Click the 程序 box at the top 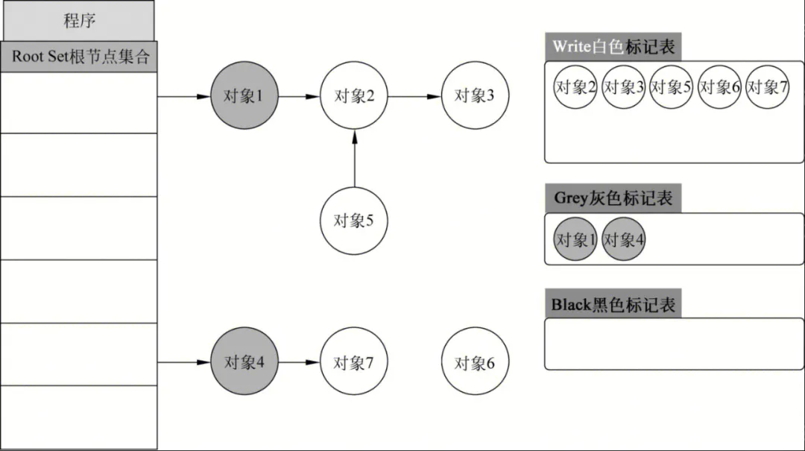click(79, 20)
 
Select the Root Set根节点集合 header click(79, 57)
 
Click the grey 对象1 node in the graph click(244, 96)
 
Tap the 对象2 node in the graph click(354, 96)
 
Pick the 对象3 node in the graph click(475, 96)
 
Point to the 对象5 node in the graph click(354, 221)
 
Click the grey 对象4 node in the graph click(244, 363)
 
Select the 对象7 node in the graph click(354, 363)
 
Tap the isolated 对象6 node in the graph click(475, 363)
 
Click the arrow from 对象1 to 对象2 click(298, 96)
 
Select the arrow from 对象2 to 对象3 click(414, 96)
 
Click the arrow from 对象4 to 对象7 click(298, 363)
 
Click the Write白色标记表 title click(613, 47)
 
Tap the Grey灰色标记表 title click(613, 198)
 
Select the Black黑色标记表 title click(613, 304)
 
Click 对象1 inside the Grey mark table click(575, 240)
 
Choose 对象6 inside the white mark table click(719, 87)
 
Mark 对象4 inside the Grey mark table click(623, 240)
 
